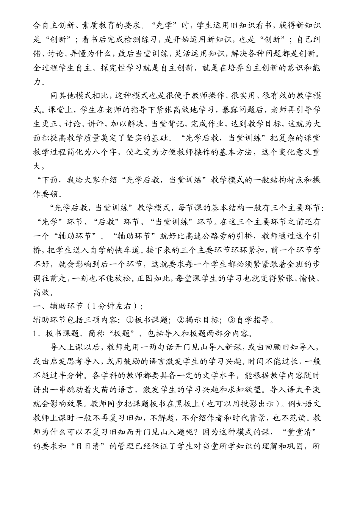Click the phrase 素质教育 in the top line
point(97,26)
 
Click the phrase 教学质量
point(97,138)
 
